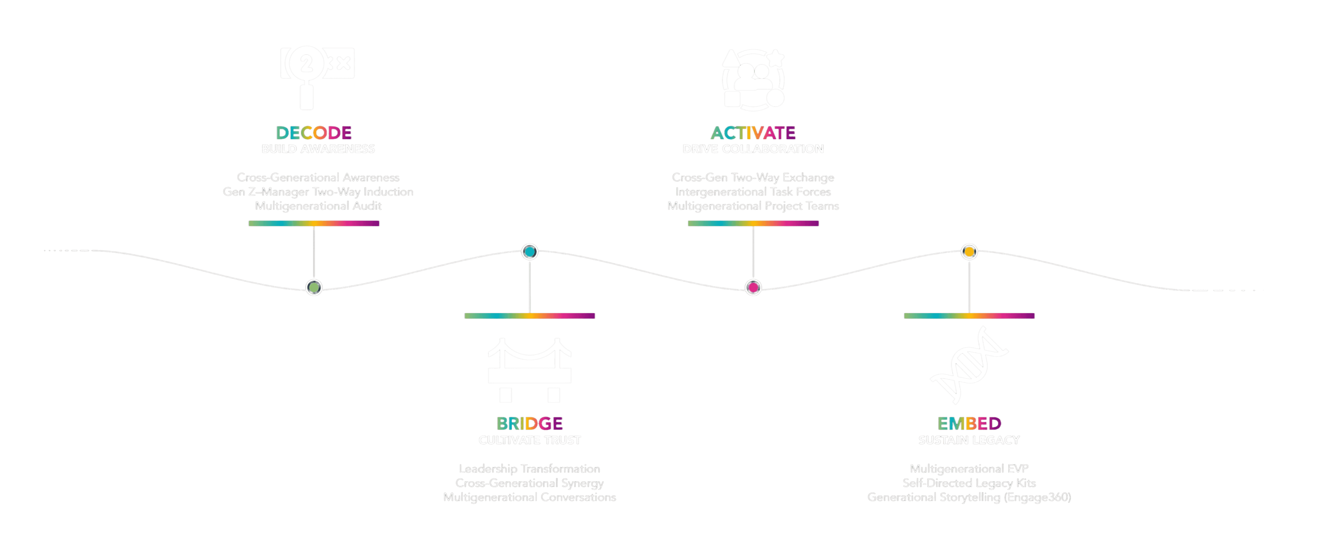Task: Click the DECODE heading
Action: coord(314,133)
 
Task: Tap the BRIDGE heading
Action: coord(530,424)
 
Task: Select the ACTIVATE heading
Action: coord(753,133)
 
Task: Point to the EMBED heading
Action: coord(969,424)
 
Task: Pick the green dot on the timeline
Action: coord(314,288)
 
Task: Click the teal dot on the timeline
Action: coord(530,252)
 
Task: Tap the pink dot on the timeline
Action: coord(753,288)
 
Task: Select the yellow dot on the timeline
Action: coord(969,252)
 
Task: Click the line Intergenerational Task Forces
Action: coord(753,192)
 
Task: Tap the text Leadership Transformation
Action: coord(530,469)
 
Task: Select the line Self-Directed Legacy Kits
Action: coord(969,483)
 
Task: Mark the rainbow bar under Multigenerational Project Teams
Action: coord(753,224)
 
